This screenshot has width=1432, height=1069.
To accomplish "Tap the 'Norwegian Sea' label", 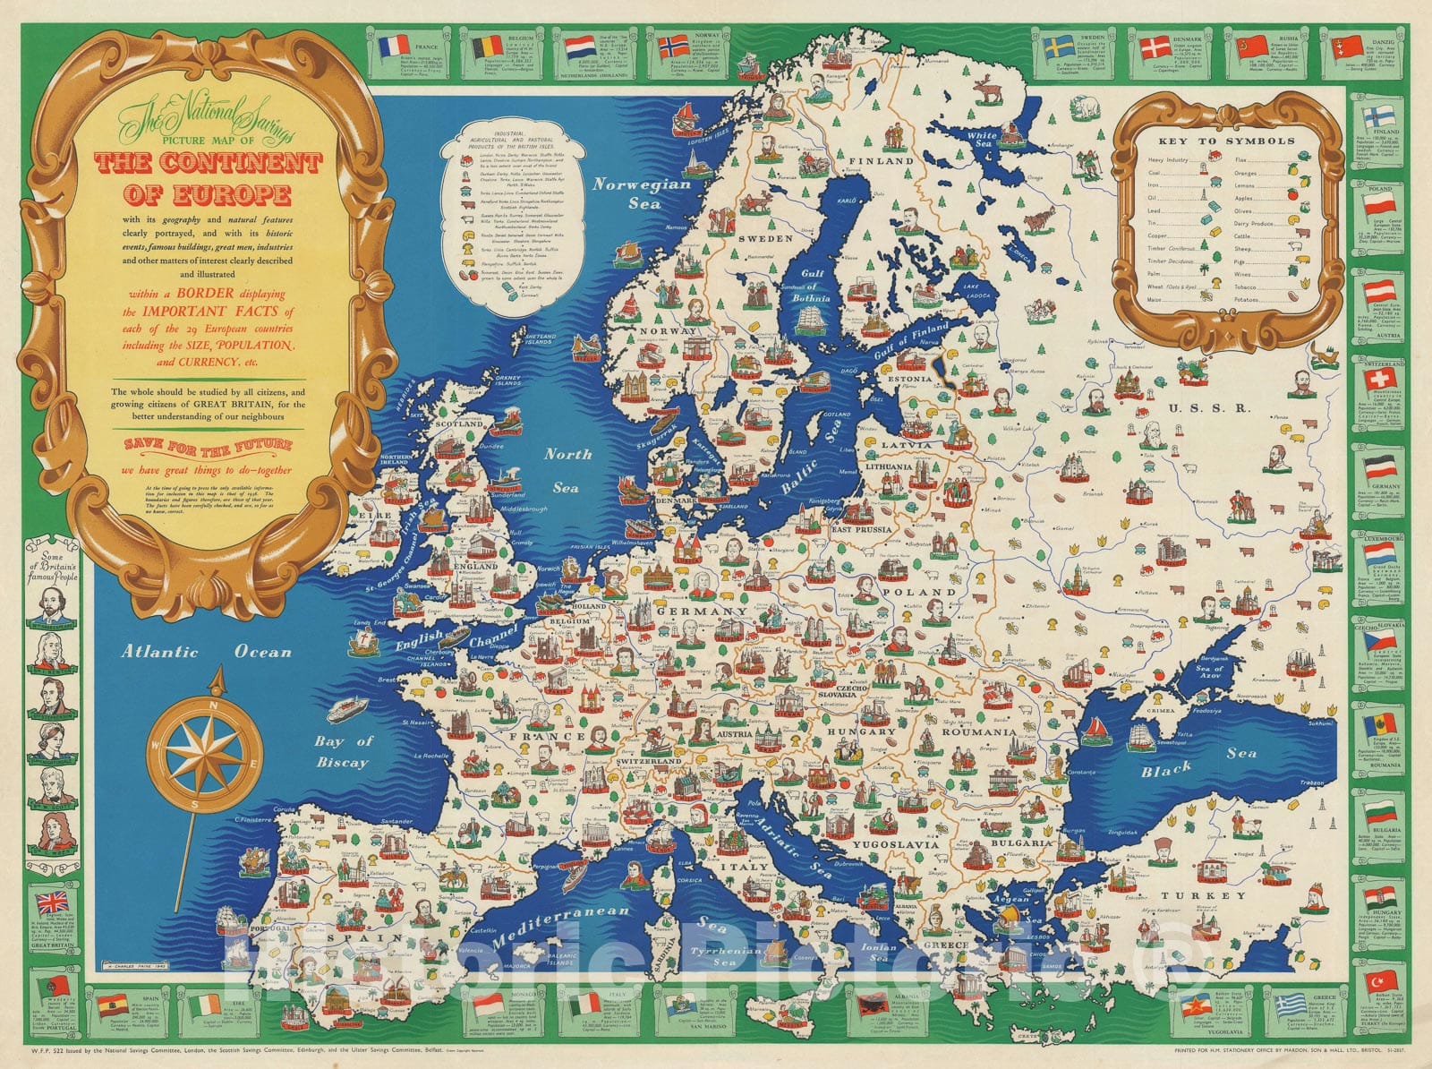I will [x=643, y=193].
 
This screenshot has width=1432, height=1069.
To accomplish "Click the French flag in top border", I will [x=394, y=46].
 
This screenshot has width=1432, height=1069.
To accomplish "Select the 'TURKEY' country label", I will [x=1203, y=895].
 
